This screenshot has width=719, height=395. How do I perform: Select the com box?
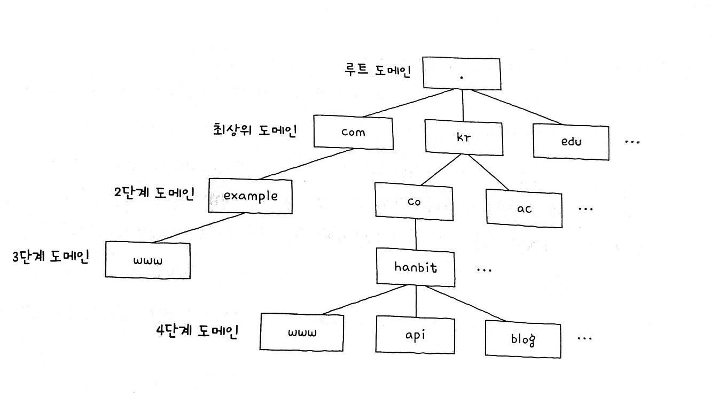353,132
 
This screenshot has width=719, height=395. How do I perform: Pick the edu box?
571,142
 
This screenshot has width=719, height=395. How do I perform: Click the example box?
251,196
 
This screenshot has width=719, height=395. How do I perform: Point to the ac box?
524,208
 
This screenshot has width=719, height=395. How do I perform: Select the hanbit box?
416,267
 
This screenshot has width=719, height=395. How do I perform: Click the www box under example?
147,260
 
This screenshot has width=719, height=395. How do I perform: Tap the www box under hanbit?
302,332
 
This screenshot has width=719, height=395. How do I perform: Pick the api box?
415,335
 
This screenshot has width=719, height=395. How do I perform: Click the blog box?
523,339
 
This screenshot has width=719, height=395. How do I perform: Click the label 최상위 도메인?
253,129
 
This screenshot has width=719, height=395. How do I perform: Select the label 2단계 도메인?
153,193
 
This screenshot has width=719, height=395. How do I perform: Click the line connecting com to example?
304,164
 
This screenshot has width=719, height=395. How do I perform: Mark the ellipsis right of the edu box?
631,143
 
